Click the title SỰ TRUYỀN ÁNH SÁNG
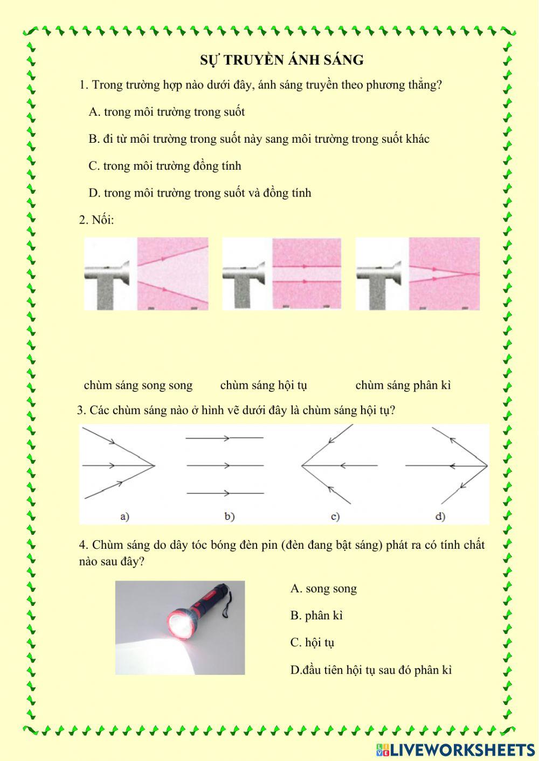(282, 60)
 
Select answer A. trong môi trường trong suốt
(167, 112)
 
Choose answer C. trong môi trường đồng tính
(165, 166)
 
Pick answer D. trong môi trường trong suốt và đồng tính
(200, 193)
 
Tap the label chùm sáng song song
(138, 385)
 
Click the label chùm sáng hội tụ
(264, 385)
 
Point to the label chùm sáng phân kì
(403, 385)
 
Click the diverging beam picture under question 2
(146, 274)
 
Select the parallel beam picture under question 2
(282, 274)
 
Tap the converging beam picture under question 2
(418, 274)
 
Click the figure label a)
(125, 516)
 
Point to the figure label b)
(230, 516)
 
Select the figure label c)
(335, 516)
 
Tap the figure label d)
(440, 516)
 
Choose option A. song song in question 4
(323, 589)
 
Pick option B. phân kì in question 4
(316, 616)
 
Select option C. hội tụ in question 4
(312, 643)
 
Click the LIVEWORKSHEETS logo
(455, 750)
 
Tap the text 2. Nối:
(96, 220)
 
